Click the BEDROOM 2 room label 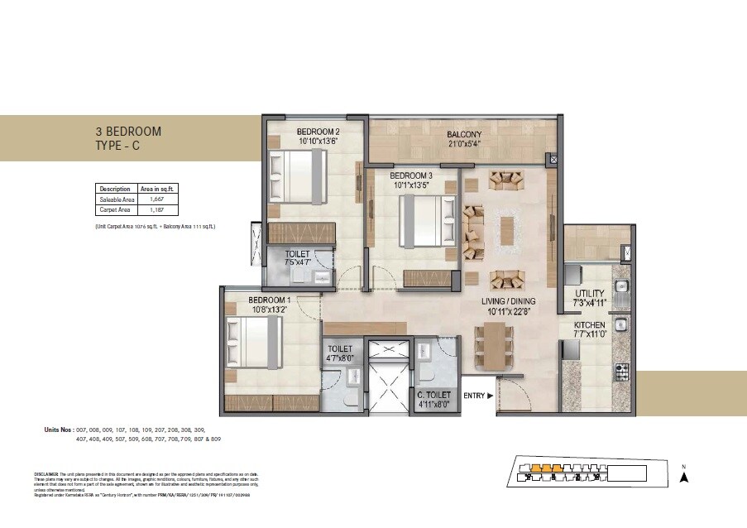(x=318, y=132)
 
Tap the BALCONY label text (x=464, y=134)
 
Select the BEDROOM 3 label (x=411, y=176)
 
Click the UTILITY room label (x=590, y=294)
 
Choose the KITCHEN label (x=591, y=325)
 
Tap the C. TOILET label (x=433, y=396)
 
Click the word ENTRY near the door (x=474, y=396)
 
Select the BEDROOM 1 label (x=270, y=300)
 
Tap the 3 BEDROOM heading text (x=128, y=132)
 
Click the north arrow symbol (x=684, y=476)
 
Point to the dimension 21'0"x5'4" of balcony (x=464, y=144)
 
